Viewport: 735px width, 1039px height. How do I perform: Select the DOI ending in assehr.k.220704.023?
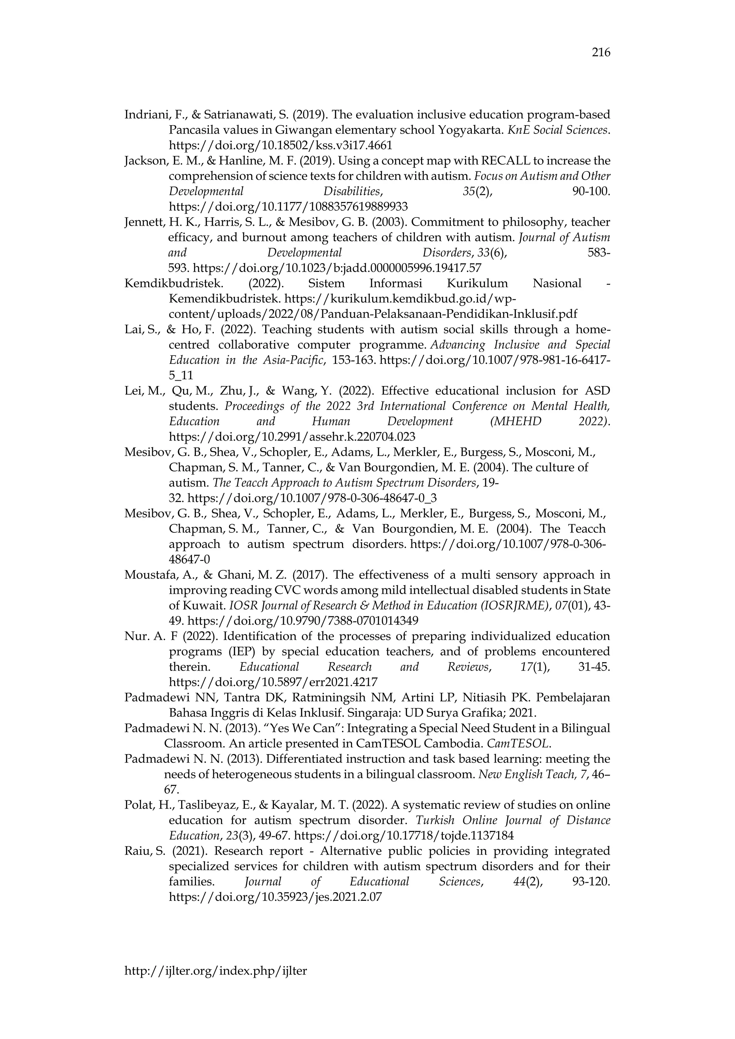(x=292, y=437)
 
